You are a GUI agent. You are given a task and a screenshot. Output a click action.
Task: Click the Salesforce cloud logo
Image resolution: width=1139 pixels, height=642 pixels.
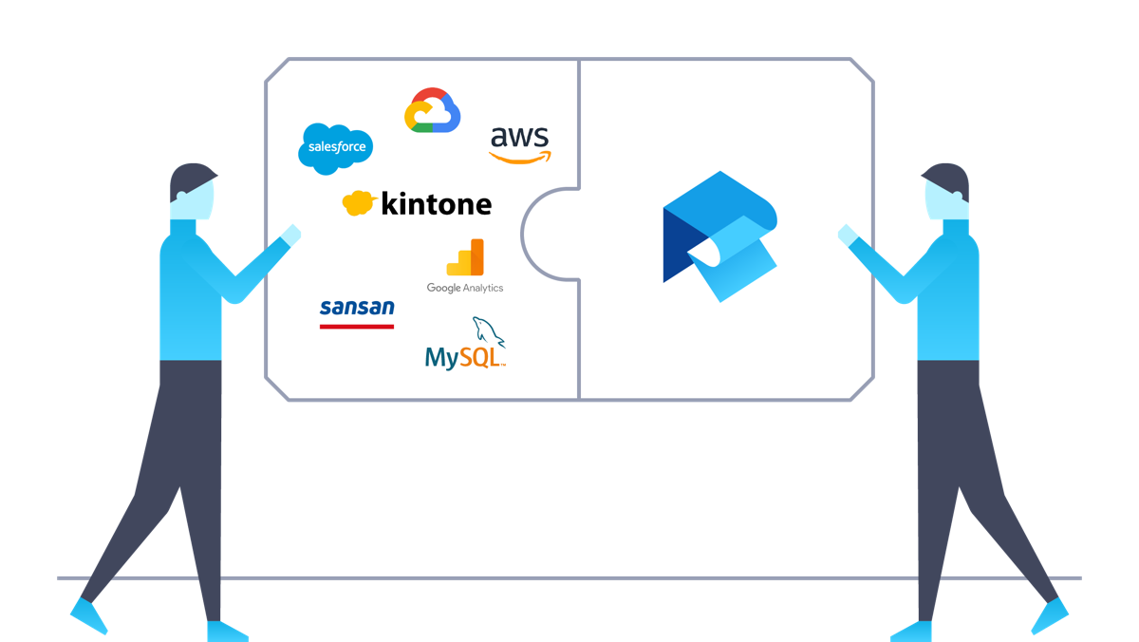[336, 148]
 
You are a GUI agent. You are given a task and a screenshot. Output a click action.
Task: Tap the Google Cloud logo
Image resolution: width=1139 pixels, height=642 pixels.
[433, 111]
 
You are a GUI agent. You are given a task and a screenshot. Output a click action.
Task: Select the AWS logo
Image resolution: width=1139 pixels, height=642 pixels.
[519, 140]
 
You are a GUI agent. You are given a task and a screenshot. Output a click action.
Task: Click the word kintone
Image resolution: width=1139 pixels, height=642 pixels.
[436, 203]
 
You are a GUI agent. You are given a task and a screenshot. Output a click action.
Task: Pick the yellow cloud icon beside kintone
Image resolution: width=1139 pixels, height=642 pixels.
[358, 202]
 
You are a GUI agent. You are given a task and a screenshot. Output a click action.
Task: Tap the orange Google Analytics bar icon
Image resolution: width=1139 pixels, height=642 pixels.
[465, 257]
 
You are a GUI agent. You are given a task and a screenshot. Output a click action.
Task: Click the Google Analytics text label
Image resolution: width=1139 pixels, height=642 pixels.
[465, 288]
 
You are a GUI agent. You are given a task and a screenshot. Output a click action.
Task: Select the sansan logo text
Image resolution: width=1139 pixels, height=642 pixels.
[357, 307]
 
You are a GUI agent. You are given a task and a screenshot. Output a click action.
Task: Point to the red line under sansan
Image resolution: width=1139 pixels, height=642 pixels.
[357, 326]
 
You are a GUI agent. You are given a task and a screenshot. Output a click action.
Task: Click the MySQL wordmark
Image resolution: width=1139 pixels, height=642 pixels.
[463, 357]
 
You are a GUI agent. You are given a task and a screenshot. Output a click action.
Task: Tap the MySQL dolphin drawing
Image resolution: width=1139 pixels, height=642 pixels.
[489, 331]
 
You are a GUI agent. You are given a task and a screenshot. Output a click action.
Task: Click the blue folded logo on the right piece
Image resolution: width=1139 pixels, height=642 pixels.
[719, 236]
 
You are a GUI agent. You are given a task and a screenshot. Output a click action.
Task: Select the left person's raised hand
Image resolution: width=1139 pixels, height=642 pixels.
[290, 235]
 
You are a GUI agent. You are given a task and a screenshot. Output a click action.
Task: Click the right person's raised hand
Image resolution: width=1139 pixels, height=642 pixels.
[847, 235]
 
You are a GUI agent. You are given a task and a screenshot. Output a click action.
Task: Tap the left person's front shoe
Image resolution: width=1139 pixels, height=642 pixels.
[228, 632]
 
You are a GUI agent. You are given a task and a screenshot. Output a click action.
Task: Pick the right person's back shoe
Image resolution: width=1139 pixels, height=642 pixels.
[1050, 615]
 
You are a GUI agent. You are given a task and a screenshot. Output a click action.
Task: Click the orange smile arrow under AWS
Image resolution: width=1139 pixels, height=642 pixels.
[520, 158]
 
